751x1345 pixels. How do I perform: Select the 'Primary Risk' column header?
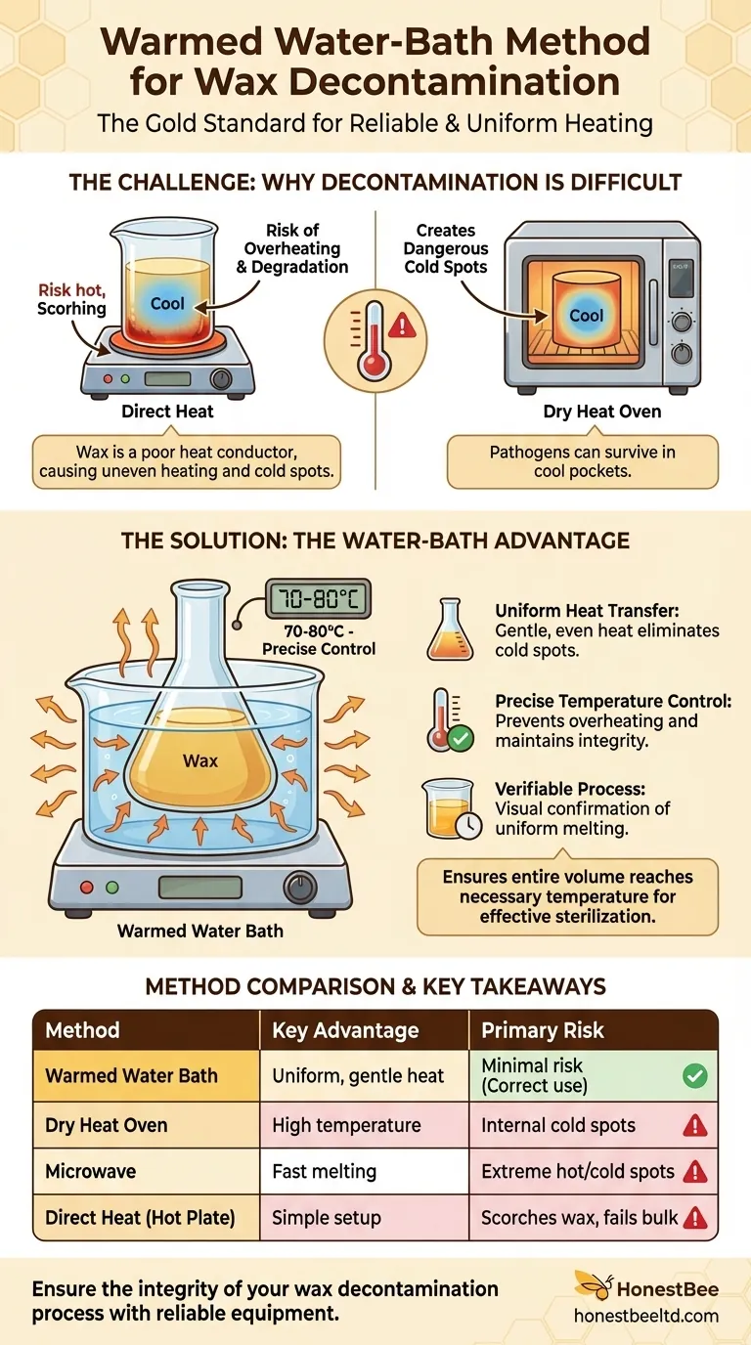click(x=542, y=1030)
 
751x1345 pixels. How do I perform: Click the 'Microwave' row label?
click(x=90, y=1171)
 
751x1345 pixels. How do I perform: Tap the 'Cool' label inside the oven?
click(x=586, y=316)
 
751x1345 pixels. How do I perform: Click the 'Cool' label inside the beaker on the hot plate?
click(x=167, y=303)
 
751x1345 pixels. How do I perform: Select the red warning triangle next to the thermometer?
click(x=402, y=326)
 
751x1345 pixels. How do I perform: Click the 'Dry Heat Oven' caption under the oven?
click(x=601, y=412)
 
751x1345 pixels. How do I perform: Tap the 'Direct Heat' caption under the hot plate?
click(x=167, y=412)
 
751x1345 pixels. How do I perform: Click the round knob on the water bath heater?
click(x=299, y=888)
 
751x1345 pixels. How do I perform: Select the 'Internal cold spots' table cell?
click(x=557, y=1125)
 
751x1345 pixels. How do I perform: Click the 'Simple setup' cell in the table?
click(x=326, y=1218)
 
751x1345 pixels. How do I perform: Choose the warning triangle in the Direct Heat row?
click(x=694, y=1218)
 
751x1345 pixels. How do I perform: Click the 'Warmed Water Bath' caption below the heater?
click(x=200, y=931)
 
